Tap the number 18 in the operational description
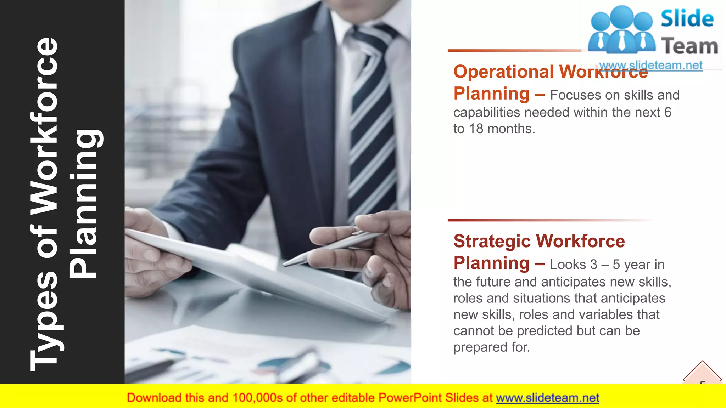[476, 129]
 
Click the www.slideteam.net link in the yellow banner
[547, 398]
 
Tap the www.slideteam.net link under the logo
[650, 66]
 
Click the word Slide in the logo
[687, 19]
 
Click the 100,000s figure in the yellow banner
[257, 398]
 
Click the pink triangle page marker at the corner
[702, 374]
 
